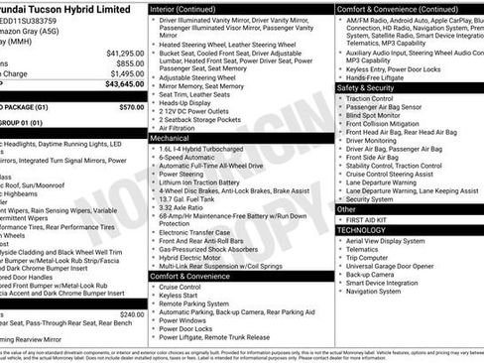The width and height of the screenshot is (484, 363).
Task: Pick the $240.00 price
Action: (x=131, y=314)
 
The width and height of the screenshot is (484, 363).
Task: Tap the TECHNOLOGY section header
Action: (x=361, y=229)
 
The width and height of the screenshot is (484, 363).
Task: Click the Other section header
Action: (x=346, y=208)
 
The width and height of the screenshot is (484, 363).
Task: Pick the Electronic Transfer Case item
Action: (x=200, y=231)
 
